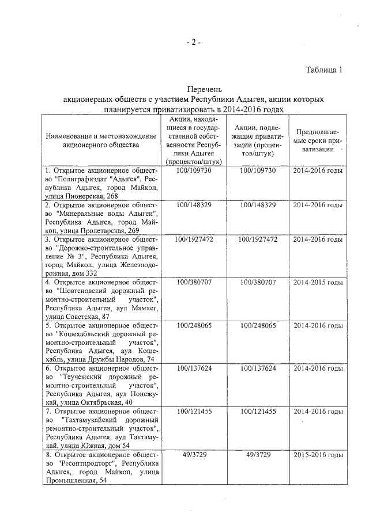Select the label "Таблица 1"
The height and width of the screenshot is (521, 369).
click(324, 70)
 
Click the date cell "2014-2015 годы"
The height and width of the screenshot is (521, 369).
click(318, 283)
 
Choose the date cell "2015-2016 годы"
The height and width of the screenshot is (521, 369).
click(318, 455)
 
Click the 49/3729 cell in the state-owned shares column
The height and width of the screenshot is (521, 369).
click(195, 455)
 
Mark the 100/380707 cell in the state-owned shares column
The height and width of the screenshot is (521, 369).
click(195, 283)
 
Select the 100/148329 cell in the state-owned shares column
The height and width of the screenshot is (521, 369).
click(195, 205)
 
